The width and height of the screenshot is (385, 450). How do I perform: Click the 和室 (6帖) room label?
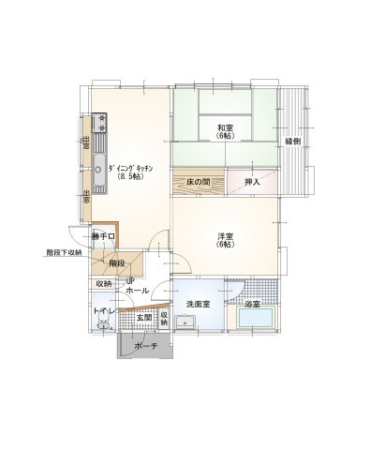coord(225,131)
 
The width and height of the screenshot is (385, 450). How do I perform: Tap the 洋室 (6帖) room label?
coord(226,241)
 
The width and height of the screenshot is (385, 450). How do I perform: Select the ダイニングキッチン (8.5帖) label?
coord(130,172)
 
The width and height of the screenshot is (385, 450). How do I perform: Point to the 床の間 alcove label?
coord(199,182)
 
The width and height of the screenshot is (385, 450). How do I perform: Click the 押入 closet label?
coord(252,182)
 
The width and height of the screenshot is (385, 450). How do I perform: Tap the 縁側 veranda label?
coord(293,142)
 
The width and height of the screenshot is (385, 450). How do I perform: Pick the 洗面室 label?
coord(198,304)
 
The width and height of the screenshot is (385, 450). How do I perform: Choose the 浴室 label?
coord(252,304)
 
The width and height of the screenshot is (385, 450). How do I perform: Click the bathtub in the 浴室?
coord(257,318)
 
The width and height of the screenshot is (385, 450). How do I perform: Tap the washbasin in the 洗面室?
coord(185,322)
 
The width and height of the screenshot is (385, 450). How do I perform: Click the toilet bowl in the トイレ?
coord(102,321)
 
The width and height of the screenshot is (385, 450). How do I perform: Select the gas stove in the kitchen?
coord(99,123)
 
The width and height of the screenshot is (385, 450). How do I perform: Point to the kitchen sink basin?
coord(99,170)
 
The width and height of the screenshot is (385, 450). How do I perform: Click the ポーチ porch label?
coord(146,346)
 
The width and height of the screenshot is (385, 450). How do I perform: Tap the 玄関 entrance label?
coord(144,318)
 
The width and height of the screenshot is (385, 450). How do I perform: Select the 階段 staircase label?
coord(117,263)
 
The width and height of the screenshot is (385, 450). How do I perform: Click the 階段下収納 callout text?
coord(64,252)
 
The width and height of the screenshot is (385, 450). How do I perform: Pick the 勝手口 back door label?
coord(103,236)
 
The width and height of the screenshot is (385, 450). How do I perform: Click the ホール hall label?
coord(138,291)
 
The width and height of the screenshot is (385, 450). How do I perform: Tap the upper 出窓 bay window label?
coord(85,142)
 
